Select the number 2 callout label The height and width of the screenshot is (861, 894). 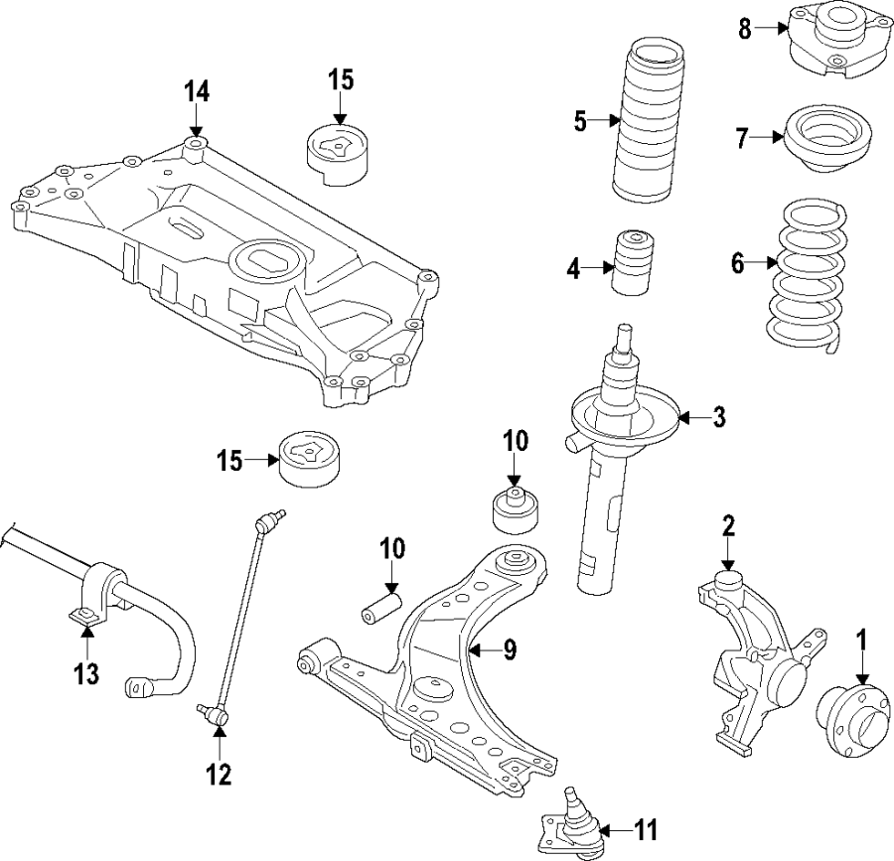coord(728,526)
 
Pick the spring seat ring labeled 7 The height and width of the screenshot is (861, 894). coord(827,137)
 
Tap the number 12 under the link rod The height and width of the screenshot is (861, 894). coord(219,773)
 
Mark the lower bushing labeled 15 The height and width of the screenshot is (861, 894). coord(309,459)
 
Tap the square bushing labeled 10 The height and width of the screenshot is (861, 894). coord(516,509)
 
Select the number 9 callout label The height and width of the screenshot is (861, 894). coord(510,650)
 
